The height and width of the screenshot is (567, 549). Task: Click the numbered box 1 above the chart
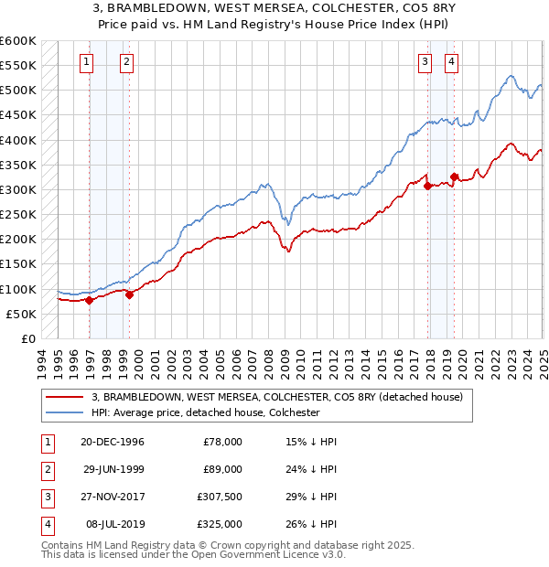pos(85,62)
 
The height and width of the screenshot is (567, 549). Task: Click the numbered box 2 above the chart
pos(125,62)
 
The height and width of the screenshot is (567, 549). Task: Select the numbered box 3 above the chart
pos(425,62)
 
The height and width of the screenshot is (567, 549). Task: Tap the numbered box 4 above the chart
pos(452,62)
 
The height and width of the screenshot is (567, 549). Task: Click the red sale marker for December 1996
pos(89,300)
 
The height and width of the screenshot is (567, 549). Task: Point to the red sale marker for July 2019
pos(454,177)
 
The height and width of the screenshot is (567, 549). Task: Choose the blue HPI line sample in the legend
pos(67,412)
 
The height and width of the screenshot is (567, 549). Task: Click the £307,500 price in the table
pos(221,498)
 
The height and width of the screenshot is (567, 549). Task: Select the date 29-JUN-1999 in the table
pos(113,470)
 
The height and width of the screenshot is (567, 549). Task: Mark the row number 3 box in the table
pos(46,498)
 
